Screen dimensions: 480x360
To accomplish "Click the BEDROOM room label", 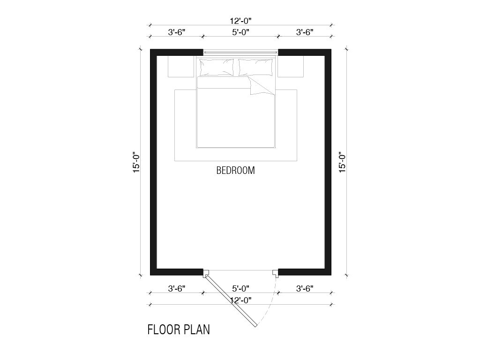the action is point(235,170).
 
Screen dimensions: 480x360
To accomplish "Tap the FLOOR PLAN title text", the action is point(179,330).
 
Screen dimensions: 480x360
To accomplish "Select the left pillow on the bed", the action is point(217,67).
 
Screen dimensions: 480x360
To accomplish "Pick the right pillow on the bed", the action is point(255,67).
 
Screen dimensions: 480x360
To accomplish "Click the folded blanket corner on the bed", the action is point(260,86).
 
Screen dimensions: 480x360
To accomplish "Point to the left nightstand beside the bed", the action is point(181,66).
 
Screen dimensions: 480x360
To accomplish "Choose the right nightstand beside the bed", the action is point(291,66).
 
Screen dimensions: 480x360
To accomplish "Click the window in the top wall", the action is point(240,52).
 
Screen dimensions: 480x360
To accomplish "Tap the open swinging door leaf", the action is point(231,301).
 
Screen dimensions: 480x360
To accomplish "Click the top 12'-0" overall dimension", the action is point(240,21).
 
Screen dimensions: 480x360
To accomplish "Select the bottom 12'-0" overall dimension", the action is point(240,300).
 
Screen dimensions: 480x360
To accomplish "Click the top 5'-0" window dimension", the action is point(240,32).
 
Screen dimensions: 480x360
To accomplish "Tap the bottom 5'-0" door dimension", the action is point(240,288).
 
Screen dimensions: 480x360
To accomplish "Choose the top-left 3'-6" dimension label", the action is point(177,32).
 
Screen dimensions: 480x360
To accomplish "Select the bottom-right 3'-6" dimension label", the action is point(305,288).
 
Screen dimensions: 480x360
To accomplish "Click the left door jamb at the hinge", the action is point(206,273).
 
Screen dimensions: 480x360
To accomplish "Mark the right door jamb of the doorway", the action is point(276,273).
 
